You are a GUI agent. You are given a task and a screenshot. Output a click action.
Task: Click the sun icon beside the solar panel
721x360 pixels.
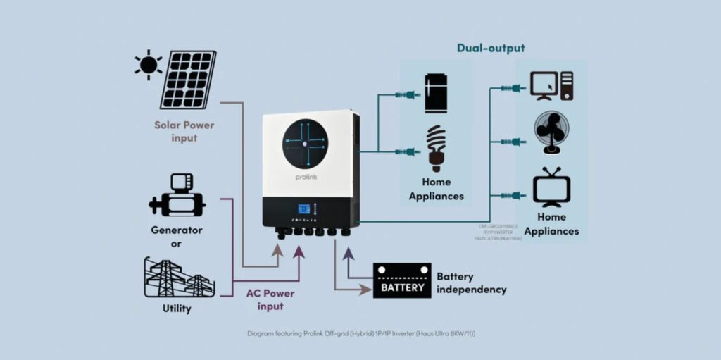pyautogui.click(x=149, y=66)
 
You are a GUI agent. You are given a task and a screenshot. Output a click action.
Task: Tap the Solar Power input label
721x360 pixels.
pyautogui.click(x=184, y=132)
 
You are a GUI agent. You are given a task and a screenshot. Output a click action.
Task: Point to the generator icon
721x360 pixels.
pyautogui.click(x=177, y=198)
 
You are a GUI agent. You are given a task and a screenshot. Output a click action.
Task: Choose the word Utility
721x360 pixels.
pyautogui.click(x=176, y=309)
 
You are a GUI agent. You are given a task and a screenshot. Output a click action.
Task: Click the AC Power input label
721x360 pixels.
pyautogui.click(x=270, y=299)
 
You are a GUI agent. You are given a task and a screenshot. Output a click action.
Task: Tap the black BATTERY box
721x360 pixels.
pyautogui.click(x=402, y=280)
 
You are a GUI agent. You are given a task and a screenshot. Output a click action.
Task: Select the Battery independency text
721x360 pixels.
pyautogui.click(x=471, y=283)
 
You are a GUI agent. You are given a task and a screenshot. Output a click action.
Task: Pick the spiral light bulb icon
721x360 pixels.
pyautogui.click(x=437, y=148)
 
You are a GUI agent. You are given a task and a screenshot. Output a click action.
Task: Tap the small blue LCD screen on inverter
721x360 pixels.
pyautogui.click(x=305, y=210)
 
